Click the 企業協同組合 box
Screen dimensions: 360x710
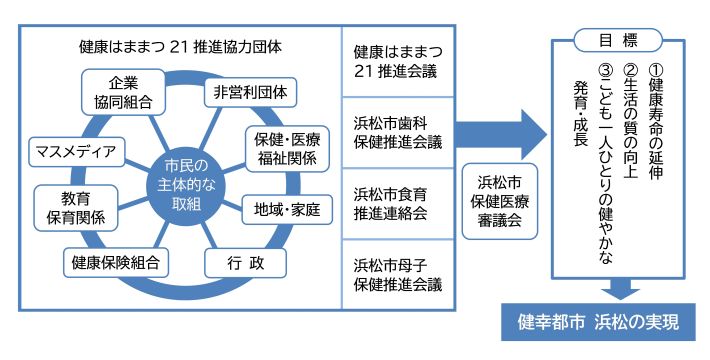click(x=116, y=91)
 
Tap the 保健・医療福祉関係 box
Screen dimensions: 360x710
click(x=287, y=147)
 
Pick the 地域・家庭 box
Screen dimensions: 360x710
click(x=287, y=210)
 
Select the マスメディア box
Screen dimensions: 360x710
click(x=76, y=153)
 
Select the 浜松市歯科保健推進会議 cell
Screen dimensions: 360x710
click(x=397, y=132)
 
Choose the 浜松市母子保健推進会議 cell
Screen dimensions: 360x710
click(x=397, y=273)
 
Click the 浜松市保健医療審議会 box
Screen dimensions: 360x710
click(x=497, y=201)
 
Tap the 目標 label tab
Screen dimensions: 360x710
click(x=619, y=41)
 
